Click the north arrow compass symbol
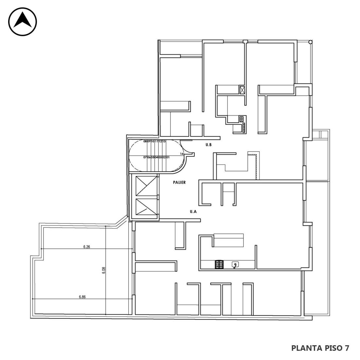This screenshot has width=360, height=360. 23,22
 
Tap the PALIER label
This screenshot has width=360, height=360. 179,182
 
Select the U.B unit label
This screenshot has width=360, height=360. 208,145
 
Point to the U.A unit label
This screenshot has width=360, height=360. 193,212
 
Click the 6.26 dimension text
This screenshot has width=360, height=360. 86,247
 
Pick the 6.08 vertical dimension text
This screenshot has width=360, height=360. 104,270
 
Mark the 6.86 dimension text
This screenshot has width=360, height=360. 82,297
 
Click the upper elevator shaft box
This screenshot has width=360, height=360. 146,186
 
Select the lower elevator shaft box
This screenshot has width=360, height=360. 146,207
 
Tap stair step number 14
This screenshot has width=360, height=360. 182,154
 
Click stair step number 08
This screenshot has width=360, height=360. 145,141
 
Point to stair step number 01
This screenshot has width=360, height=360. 168,157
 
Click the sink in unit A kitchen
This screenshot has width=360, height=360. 235,265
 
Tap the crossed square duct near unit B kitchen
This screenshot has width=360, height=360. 242,90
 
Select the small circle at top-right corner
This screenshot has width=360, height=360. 310,42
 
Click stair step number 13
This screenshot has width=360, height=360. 164,141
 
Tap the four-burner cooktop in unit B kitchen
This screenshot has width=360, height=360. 242,119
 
